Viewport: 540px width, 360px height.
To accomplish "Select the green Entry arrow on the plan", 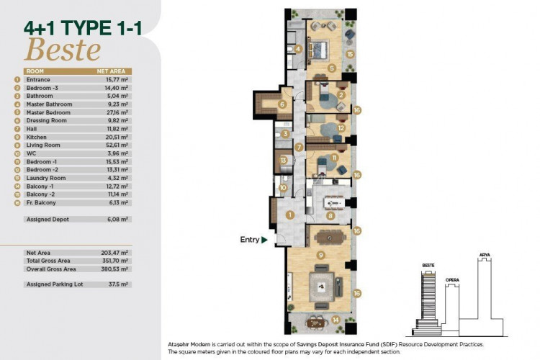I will click(x=265, y=240).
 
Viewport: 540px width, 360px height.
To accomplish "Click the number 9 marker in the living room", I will click(x=320, y=254).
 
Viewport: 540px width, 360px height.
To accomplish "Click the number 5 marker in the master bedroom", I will click(x=331, y=68).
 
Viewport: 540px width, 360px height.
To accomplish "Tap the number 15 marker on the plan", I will click(x=349, y=54).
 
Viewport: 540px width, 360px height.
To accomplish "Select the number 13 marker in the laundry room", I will click(x=284, y=160).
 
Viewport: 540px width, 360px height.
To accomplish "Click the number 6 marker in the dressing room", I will click(x=282, y=104).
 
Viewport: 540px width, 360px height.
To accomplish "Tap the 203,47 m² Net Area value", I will click(x=115, y=253).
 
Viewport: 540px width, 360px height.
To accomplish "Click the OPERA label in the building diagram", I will click(x=452, y=279).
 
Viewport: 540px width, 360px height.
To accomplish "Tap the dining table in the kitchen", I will click(x=332, y=199).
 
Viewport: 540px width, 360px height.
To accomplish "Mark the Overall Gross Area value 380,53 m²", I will click(x=115, y=268).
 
